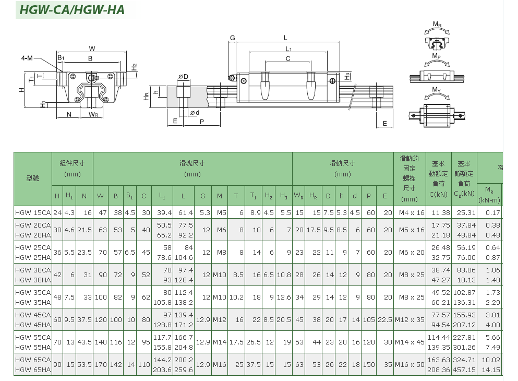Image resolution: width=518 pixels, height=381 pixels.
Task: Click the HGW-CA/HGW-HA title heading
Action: [x=72, y=10]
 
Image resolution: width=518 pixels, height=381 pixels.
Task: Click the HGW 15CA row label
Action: [x=33, y=213]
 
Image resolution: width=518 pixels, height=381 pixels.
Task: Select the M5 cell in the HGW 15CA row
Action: [x=220, y=213]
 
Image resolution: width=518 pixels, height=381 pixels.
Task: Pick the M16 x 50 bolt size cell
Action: [x=409, y=365]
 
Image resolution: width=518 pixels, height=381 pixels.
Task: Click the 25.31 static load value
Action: [x=466, y=213]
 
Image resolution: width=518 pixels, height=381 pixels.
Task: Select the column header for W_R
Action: [x=299, y=196]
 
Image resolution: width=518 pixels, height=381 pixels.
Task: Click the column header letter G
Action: [x=202, y=196]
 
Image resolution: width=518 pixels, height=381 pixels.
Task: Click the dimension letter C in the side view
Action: [x=288, y=59]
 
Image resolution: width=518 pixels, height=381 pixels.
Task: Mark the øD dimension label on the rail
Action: [x=183, y=77]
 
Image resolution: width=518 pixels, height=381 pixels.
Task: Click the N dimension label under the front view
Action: [x=69, y=114]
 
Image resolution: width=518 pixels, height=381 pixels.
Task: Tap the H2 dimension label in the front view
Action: [x=134, y=67]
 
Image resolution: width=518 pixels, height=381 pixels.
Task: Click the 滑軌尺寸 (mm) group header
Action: [x=342, y=169]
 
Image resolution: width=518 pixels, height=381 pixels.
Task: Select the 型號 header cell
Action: [x=33, y=178]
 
